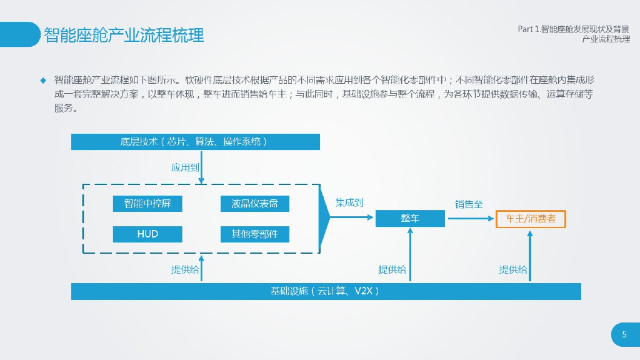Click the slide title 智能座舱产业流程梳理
pos(124,35)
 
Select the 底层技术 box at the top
pos(196,142)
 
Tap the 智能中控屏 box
pos(147,204)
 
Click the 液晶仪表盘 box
pos(254,204)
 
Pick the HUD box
pos(147,234)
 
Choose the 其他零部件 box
pos(254,234)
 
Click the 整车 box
pos(410,218)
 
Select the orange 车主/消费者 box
pos(531,219)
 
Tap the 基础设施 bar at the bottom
pos(326,291)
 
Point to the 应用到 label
pos(186,167)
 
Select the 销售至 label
pos(469,204)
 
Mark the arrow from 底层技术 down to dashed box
pos(201,167)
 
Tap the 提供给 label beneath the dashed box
pos(185,269)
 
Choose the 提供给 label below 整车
pos(392,269)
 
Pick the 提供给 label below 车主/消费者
pos(512,269)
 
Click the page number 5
pos(624,335)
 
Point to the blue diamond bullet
pos(43,80)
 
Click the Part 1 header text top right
pos(574,29)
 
